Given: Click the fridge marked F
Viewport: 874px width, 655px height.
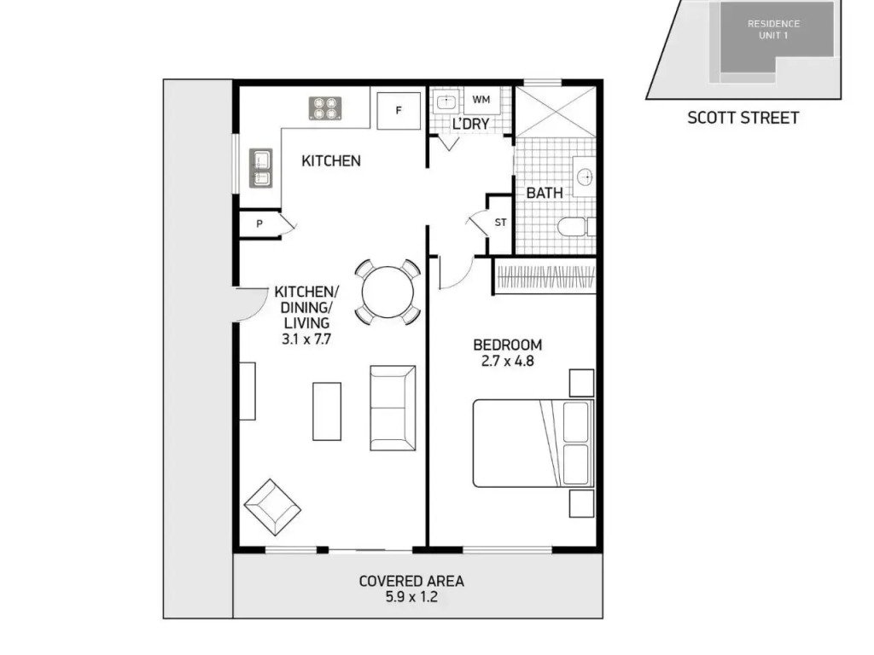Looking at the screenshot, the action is click(399, 111).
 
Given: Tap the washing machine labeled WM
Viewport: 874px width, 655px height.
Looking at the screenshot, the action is click(481, 101).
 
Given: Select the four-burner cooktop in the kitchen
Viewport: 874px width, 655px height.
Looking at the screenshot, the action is click(325, 108).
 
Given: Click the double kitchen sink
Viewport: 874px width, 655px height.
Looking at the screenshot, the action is click(261, 168).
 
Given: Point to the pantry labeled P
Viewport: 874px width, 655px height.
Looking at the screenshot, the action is click(259, 224).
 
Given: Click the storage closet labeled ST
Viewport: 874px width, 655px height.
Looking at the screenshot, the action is click(500, 223).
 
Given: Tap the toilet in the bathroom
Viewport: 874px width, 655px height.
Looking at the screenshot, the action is click(576, 227).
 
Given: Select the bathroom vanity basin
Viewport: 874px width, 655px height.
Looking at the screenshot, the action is click(585, 177).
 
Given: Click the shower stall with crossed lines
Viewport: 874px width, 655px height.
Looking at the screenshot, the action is click(556, 112).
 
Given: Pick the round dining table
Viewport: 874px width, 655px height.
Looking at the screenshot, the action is click(388, 293).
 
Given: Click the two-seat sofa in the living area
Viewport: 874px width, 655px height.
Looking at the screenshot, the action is click(393, 408).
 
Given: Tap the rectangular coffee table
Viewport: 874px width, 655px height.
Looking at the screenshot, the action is click(327, 411).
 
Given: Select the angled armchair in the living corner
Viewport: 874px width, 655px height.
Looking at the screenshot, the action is click(272, 507).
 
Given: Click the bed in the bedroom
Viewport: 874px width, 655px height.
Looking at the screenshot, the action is click(533, 443).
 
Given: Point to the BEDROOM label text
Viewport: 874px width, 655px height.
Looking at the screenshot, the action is click(508, 345).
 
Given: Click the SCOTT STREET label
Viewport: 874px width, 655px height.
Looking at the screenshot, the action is click(743, 118).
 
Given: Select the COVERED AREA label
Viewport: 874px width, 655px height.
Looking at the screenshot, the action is click(411, 582).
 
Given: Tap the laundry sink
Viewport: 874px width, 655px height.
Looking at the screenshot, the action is click(446, 102).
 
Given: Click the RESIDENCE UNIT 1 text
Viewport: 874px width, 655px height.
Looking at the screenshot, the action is click(773, 30).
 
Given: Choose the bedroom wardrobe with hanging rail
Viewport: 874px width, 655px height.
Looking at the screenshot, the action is click(545, 275).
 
